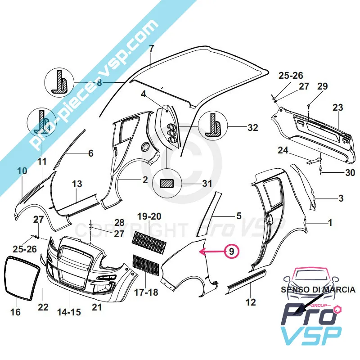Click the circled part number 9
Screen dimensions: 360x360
tap(231, 252)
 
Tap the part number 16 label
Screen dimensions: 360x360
tap(15, 311)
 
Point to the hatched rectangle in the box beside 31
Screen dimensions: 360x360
tap(167, 183)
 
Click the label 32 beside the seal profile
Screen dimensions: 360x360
tap(252, 127)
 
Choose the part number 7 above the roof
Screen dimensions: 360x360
tap(151, 49)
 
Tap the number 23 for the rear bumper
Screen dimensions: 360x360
tap(337, 108)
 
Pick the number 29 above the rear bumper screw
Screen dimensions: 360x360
tap(322, 86)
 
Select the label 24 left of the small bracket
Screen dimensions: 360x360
tap(283, 151)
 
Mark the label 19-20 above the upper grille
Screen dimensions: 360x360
tap(149, 216)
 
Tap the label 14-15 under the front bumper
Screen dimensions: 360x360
tap(69, 311)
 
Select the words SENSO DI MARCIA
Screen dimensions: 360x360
tap(318, 290)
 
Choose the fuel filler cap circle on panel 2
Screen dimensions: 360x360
tap(145, 147)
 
